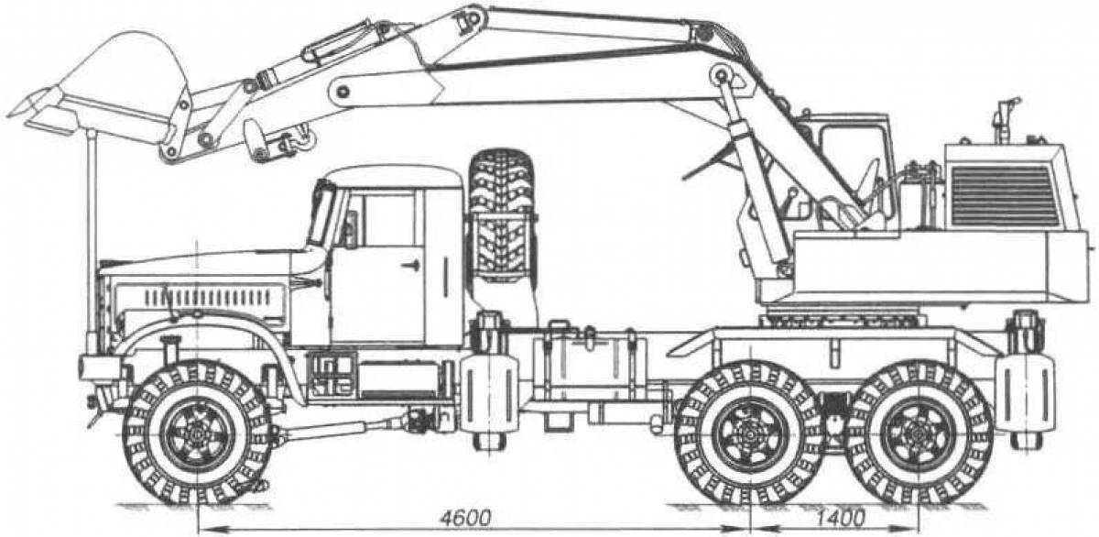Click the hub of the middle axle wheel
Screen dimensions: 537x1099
pos(747,433)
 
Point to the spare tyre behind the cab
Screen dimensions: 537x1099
pos(501,215)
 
